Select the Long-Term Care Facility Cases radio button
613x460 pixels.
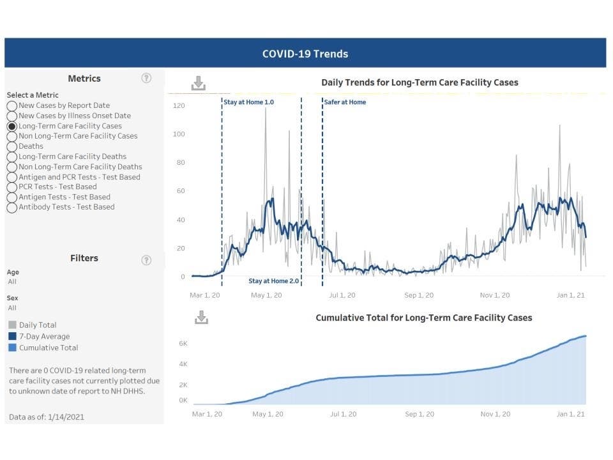(12, 126)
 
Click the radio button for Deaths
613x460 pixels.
(12, 146)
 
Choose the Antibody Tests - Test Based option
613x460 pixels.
(12, 208)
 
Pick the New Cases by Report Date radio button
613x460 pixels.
(12, 106)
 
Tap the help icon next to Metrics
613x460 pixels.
(146, 78)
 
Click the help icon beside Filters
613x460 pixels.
(146, 259)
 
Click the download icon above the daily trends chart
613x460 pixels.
(199, 83)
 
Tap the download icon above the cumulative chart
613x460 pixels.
(201, 318)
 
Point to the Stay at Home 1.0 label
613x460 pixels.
(248, 102)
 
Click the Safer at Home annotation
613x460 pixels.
(345, 102)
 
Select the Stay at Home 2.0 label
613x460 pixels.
(273, 281)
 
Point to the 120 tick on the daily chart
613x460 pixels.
(179, 105)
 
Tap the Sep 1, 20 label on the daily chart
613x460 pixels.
(419, 295)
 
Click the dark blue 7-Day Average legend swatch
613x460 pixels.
(13, 337)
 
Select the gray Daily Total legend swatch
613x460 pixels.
(13, 325)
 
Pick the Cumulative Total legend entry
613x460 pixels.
(49, 348)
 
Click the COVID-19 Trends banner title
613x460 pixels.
(305, 54)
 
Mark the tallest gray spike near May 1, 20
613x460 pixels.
(266, 109)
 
